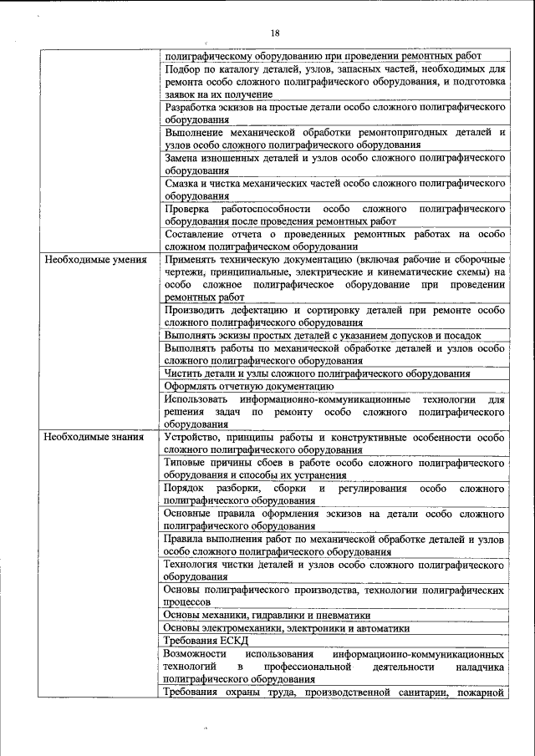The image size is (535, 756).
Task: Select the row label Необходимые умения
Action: pos(89,260)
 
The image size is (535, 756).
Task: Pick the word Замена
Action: pos(183,157)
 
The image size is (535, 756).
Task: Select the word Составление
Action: pos(199,235)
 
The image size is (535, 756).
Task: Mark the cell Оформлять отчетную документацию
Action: pos(249,386)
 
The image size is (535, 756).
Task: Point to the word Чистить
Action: pos(185,373)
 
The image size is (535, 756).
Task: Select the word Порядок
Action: pos(186,488)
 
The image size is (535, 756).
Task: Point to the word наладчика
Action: pos(480,667)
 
